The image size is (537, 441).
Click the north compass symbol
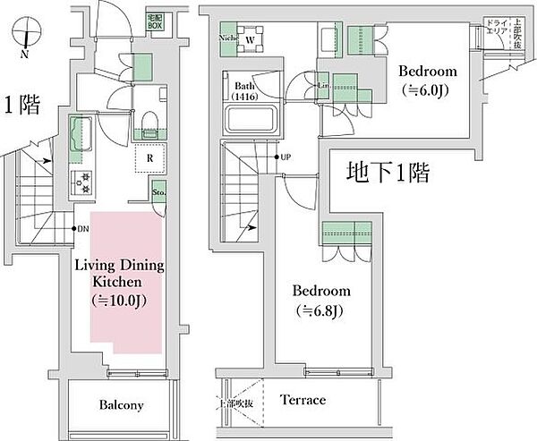[x=29, y=37]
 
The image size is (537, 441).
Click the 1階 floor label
[x=21, y=106]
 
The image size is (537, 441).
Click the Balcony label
[x=121, y=405]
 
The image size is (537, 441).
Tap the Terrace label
[x=303, y=400]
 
